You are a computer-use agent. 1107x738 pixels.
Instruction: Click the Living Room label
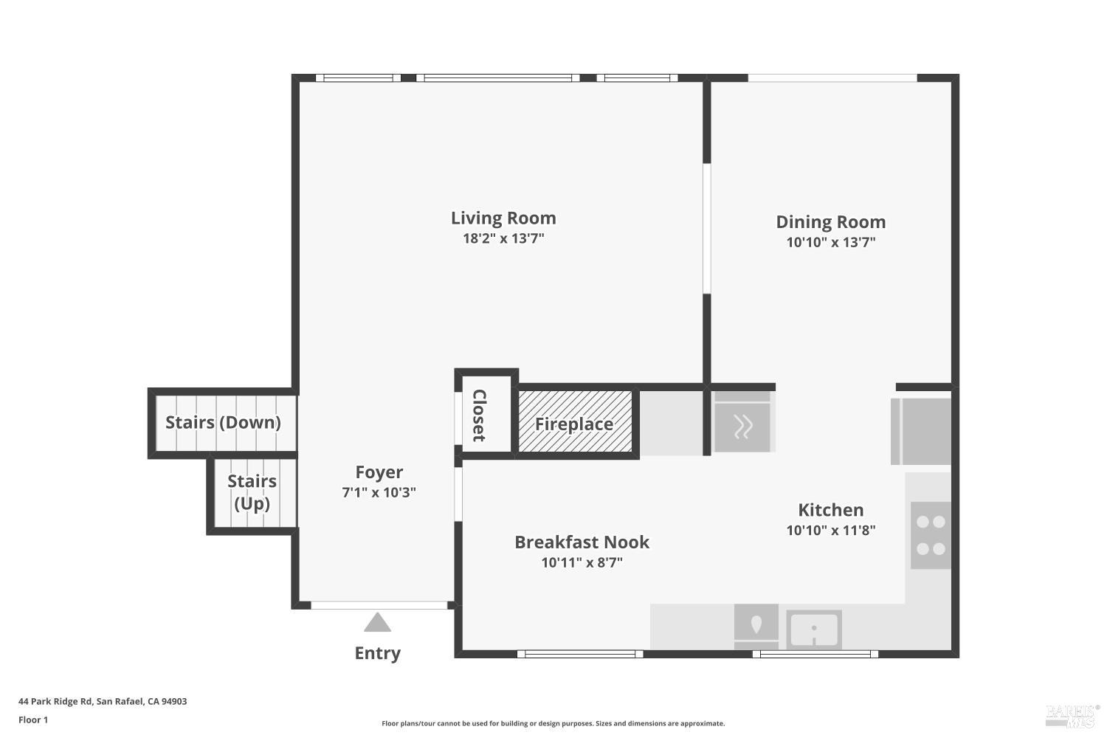tap(503, 218)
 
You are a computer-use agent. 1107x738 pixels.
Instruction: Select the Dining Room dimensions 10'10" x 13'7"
tap(830, 242)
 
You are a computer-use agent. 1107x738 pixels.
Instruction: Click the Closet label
tap(479, 415)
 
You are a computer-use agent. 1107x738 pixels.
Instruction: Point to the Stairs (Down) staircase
tap(223, 423)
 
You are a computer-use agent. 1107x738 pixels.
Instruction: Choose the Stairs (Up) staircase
tap(252, 493)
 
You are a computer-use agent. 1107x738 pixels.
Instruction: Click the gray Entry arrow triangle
tap(377, 624)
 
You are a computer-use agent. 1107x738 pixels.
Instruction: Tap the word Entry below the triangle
tap(377, 653)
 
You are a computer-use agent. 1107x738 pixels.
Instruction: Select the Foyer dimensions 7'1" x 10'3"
tap(379, 492)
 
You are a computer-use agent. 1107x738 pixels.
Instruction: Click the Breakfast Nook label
tap(582, 542)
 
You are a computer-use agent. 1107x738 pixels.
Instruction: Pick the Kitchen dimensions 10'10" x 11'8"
tap(830, 530)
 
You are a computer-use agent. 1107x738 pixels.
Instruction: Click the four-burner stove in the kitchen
tap(930, 535)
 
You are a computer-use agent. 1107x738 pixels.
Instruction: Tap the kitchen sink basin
tap(813, 630)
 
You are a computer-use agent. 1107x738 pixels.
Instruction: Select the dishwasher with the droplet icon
tap(756, 627)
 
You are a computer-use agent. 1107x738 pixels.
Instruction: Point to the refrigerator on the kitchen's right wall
tap(921, 432)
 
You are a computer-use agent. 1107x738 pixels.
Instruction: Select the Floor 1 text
tap(33, 720)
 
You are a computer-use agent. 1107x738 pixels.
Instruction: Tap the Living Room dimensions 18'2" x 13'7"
tap(503, 238)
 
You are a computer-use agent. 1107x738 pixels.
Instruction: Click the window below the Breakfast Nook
tap(579, 654)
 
